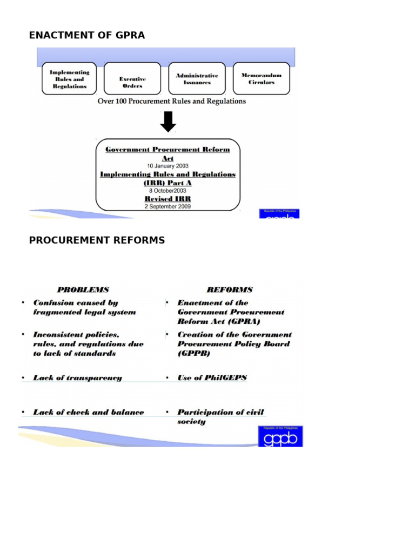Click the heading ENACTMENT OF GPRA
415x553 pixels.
pos(87,36)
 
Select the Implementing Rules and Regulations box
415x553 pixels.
pos(69,79)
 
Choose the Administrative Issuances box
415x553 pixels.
pos(197,79)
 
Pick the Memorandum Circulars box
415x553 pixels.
pos(261,79)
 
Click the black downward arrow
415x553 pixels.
pos(168,123)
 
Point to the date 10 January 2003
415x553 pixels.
pos(168,166)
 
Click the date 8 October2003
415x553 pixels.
pos(168,191)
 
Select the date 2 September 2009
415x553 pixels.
pos(168,206)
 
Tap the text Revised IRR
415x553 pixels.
pos(168,199)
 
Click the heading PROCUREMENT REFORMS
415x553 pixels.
pos(97,240)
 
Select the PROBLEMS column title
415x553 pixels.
pos(83,290)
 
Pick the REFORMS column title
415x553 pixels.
pos(229,290)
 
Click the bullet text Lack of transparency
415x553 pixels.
pos(77,378)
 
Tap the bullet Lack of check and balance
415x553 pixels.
pos(89,412)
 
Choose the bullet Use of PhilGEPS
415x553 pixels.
pos(212,378)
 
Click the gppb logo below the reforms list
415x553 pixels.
pos(280,436)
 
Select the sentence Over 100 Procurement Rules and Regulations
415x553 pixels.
pos(171,101)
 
